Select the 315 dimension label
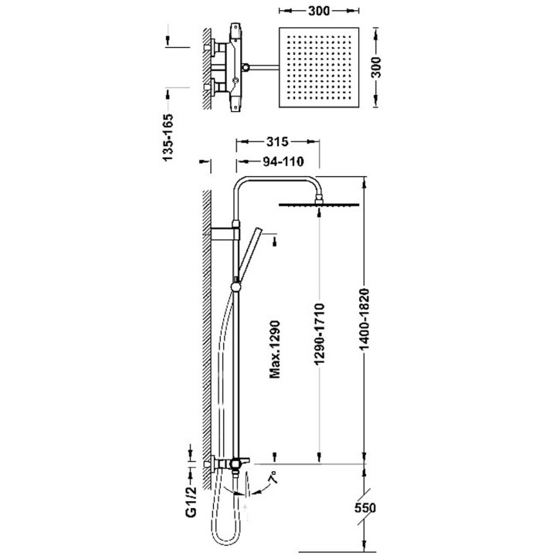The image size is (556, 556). click(x=277, y=141)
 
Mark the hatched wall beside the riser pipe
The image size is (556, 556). click(x=207, y=324)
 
